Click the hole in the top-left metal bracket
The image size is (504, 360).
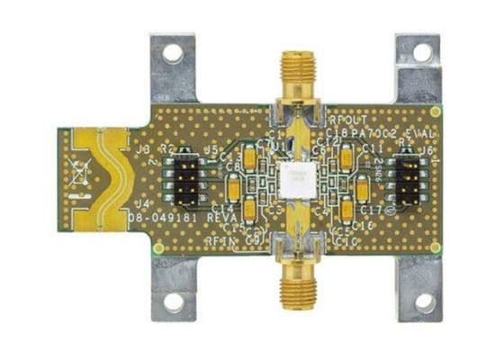coord(172,53)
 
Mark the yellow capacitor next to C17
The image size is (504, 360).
coord(362,190)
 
